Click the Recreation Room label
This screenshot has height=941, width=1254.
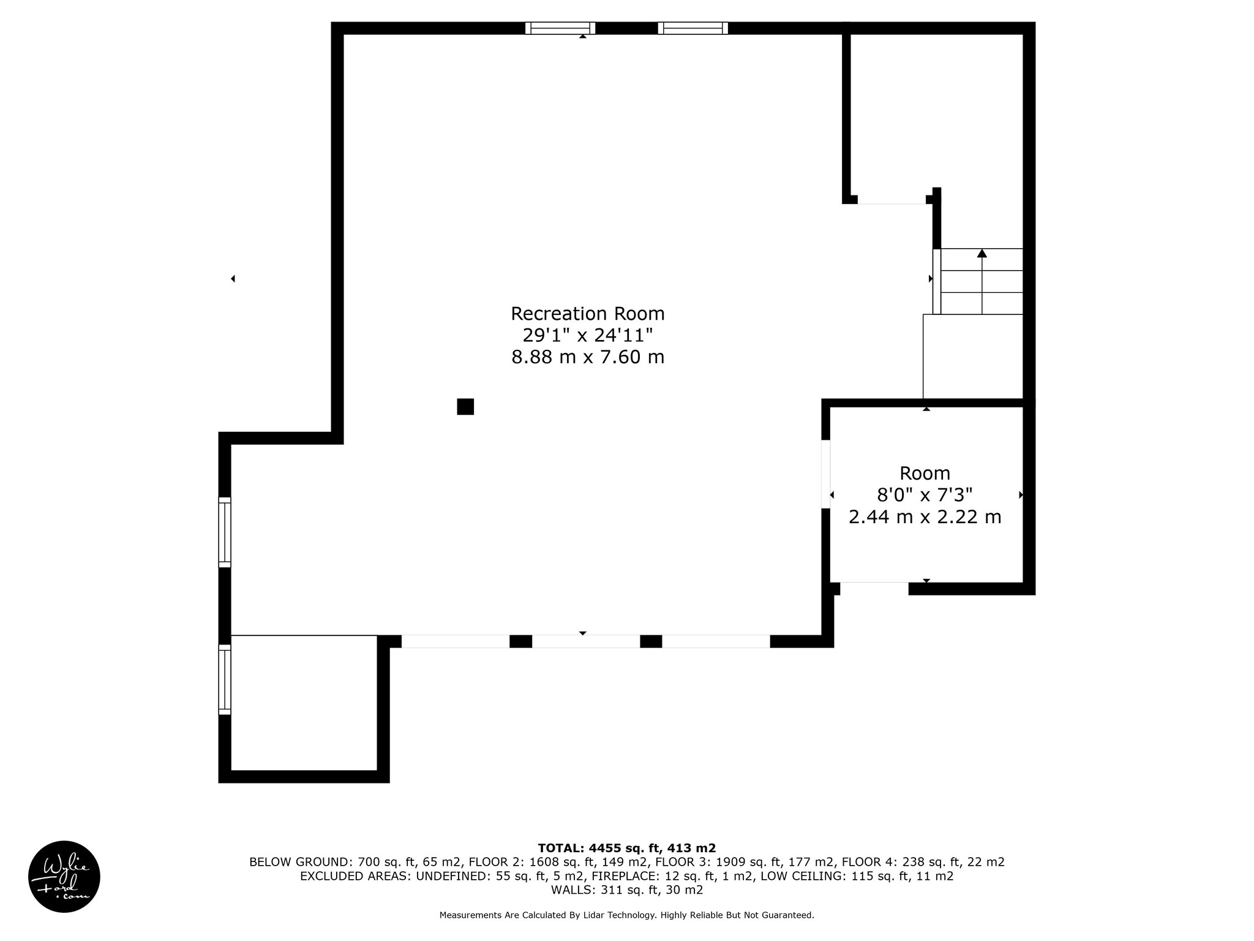coord(587,314)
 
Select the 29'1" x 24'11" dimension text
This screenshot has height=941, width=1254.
coord(587,335)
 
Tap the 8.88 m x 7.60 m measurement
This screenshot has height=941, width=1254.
coord(587,357)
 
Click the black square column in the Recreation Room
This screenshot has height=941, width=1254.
coord(465,407)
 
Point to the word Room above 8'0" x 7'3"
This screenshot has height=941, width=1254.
coord(925,473)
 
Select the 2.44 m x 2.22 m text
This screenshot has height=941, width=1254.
coord(925,517)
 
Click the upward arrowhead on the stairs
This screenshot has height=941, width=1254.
coord(982,253)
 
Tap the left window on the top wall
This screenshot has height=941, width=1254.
coord(560,28)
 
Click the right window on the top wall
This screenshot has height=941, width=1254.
coord(693,28)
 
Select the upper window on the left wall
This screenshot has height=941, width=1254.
coord(225,532)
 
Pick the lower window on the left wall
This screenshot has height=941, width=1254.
coord(225,679)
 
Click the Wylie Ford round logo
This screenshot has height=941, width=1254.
coord(64,877)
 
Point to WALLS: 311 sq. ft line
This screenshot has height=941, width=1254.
coord(626,890)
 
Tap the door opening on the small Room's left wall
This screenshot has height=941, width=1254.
coord(825,474)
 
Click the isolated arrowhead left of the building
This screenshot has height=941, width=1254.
coord(233,279)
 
